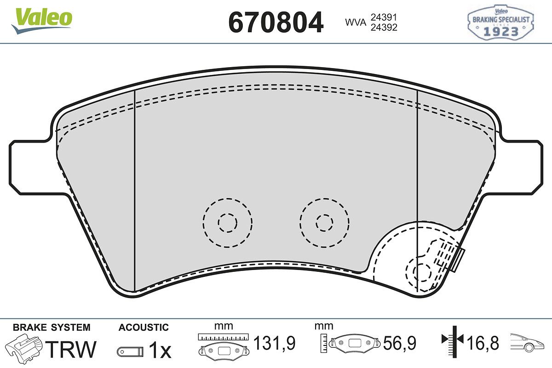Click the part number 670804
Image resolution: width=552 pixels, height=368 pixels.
tap(276, 22)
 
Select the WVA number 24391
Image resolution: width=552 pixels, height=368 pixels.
tap(384, 17)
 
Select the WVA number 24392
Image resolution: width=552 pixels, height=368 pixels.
tap(384, 27)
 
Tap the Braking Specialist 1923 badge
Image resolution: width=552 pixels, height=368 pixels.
tap(500, 22)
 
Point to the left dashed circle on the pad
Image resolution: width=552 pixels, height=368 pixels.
tap(227, 223)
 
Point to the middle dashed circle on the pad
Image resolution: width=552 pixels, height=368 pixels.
tap(325, 223)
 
